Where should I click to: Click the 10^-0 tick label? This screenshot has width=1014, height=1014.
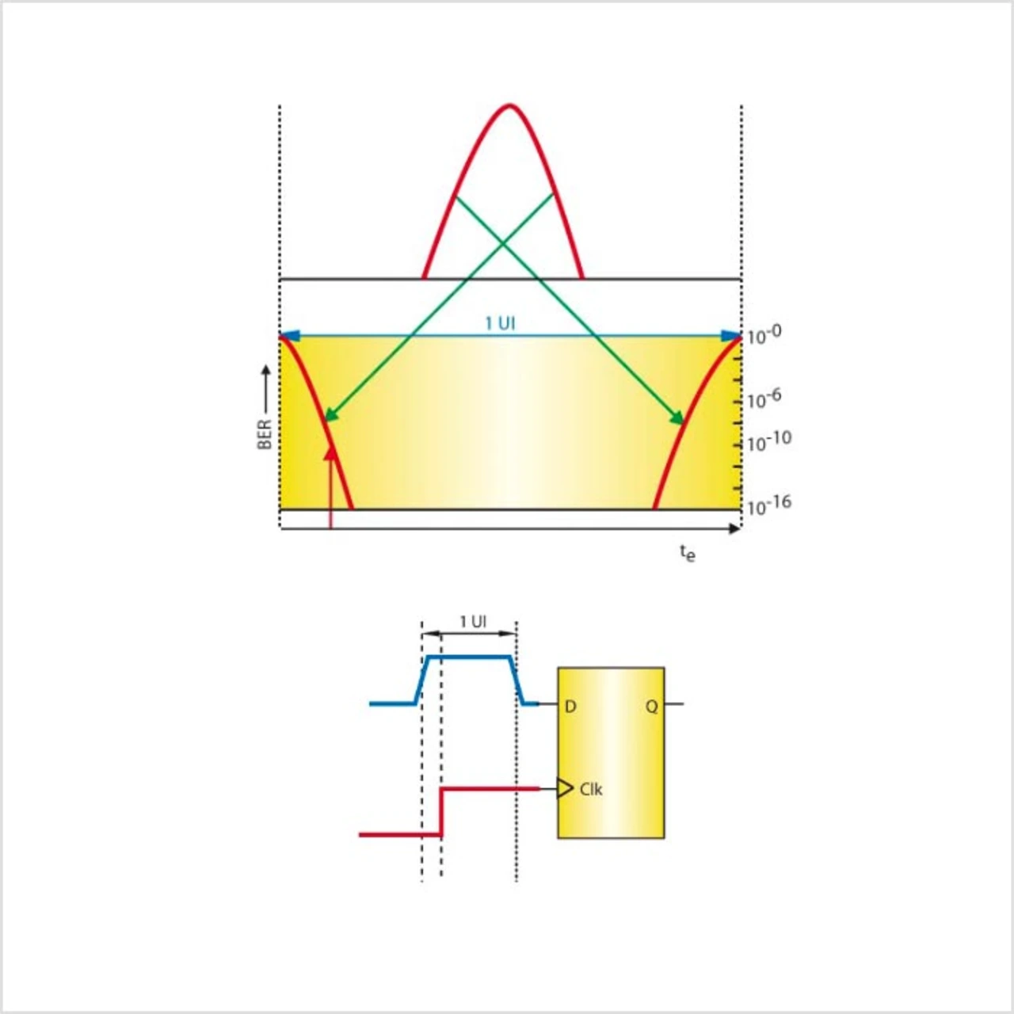tap(764, 335)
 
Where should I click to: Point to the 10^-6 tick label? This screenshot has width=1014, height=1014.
tap(764, 399)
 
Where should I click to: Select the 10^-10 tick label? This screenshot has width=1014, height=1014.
tap(768, 441)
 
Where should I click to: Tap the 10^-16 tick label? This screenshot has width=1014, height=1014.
tap(768, 505)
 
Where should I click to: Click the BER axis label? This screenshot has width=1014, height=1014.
tap(265, 435)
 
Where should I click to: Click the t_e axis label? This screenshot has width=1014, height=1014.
tap(688, 553)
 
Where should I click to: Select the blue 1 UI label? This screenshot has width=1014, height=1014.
tap(500, 324)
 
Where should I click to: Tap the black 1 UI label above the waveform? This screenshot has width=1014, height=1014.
tap(473, 622)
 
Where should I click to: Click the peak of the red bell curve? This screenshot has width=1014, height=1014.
tap(509, 105)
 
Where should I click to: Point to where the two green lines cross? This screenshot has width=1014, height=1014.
tap(503, 243)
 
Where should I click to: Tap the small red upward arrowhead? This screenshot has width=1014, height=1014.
tap(330, 453)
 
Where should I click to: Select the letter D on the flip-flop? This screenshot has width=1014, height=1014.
tap(570, 707)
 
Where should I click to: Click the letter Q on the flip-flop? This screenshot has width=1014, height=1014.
tap(651, 707)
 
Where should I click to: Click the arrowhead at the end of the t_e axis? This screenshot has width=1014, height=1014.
tap(734, 529)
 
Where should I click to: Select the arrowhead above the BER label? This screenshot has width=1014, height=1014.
tap(265, 371)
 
